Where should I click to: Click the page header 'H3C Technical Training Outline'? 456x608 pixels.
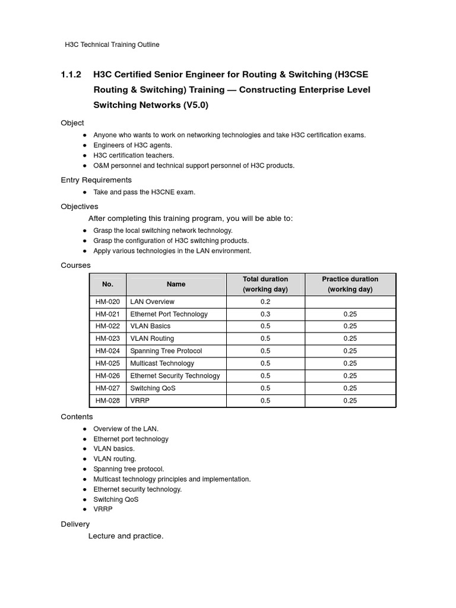[x=112, y=45]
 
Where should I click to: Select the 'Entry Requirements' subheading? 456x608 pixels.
[x=96, y=180]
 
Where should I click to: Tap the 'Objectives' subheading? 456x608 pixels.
[x=80, y=207]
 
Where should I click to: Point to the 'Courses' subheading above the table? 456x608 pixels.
[x=75, y=265]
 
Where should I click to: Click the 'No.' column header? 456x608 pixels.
[x=107, y=284]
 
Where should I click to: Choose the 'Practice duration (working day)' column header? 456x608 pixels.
[x=350, y=284]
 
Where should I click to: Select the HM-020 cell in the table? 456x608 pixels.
[x=107, y=302]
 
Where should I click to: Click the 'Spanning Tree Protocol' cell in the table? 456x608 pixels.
[x=166, y=351]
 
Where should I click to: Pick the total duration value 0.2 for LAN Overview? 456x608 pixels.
[x=265, y=302]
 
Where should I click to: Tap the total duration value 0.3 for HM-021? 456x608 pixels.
[x=265, y=314]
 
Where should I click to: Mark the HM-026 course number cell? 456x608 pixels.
[x=107, y=376]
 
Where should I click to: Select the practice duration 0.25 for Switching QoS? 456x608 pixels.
[x=350, y=388]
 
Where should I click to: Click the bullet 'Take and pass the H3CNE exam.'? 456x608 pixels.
[x=144, y=192]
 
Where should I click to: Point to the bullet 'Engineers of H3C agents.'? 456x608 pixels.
[x=133, y=145]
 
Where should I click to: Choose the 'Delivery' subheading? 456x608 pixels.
[x=75, y=524]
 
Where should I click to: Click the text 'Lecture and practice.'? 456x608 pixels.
[x=126, y=536]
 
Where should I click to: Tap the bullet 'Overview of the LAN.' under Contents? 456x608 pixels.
[x=126, y=429]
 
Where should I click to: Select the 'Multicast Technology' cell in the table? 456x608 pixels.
[x=162, y=363]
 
